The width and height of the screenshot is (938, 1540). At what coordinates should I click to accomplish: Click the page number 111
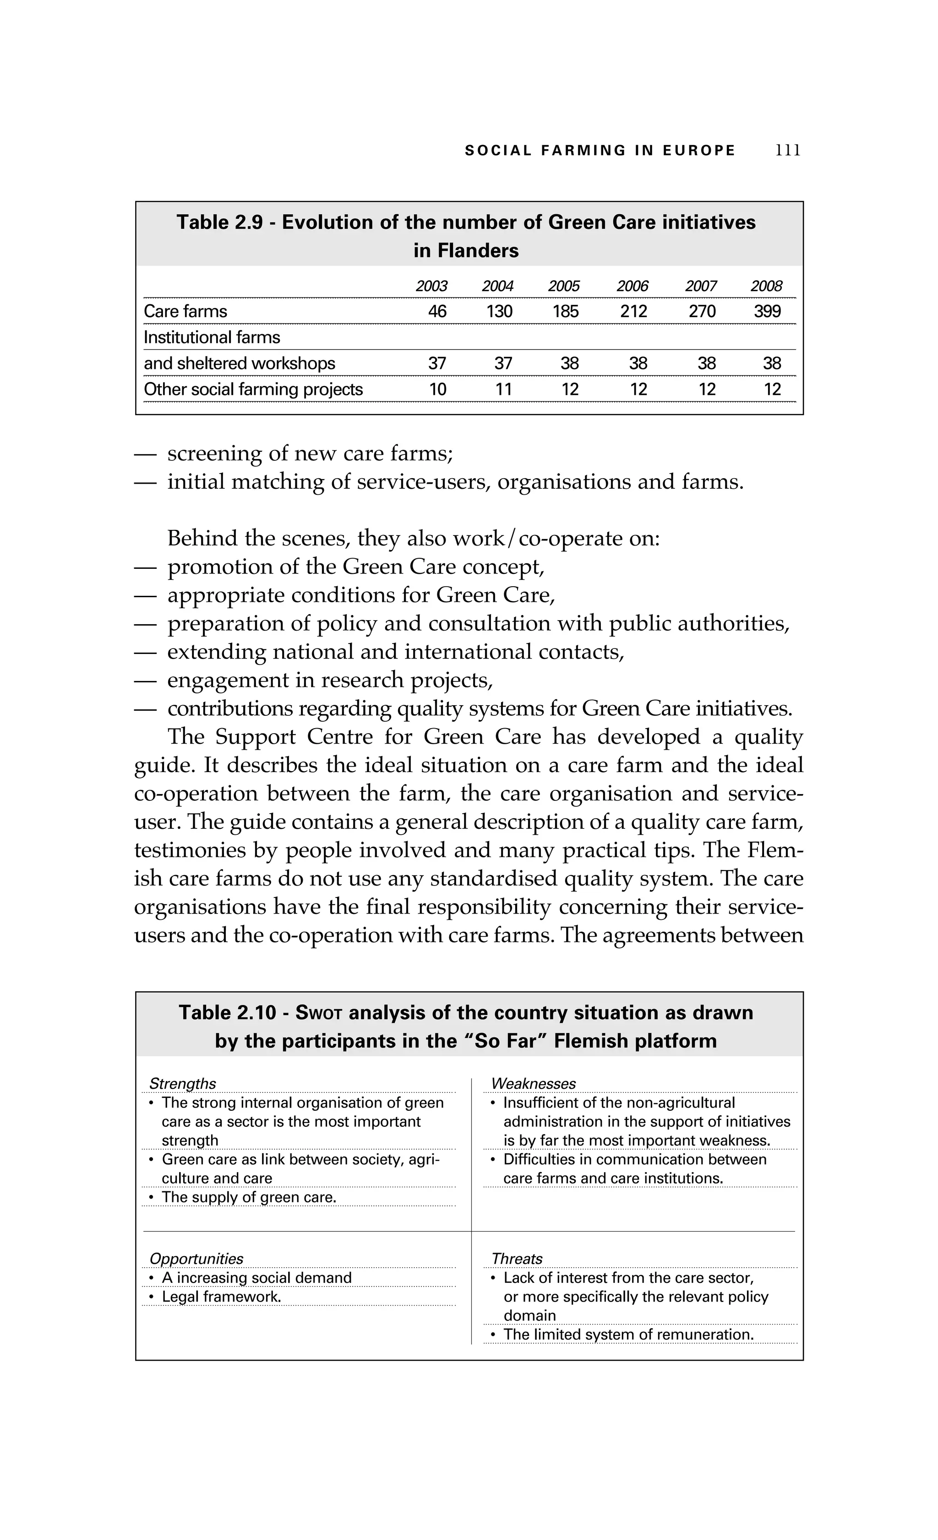[x=787, y=151]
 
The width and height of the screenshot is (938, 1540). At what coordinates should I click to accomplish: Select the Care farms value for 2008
[x=767, y=311]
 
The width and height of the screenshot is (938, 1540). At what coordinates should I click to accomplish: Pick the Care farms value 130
[x=499, y=311]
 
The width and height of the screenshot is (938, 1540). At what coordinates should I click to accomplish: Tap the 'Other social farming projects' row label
[x=253, y=389]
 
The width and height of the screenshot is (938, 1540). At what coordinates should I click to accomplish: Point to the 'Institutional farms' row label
[x=212, y=337]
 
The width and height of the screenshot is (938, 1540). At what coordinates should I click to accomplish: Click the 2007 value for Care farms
[x=702, y=311]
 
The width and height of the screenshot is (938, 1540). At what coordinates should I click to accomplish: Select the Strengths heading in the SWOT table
[x=183, y=1083]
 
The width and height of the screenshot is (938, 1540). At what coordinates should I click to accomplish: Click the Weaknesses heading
[x=534, y=1083]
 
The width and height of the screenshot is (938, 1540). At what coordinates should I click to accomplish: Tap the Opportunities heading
[x=196, y=1258]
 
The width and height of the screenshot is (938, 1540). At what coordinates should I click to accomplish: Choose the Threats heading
[x=517, y=1258]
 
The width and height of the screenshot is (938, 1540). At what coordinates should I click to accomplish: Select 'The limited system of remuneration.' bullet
[x=628, y=1335]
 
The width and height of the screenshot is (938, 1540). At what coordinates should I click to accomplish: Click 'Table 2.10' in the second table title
[x=227, y=1012]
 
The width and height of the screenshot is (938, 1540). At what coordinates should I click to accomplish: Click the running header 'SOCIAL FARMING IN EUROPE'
[x=600, y=151]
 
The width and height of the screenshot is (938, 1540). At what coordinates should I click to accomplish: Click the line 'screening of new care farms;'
[x=310, y=453]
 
